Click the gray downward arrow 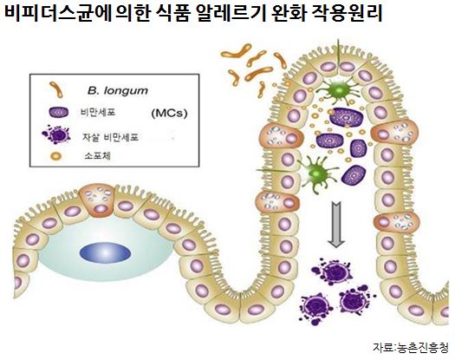coord(336,225)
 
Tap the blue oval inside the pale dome coord(105,252)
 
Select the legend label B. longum coord(118,91)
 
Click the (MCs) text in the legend coord(170,113)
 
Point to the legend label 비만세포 coord(98,112)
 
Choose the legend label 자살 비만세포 coord(111,137)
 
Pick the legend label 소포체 coord(97,156)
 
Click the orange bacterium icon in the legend coord(56,89)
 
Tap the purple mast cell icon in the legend coord(59,113)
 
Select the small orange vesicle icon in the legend coord(56,156)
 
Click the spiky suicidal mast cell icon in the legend coord(56,134)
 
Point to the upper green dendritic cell coord(339,91)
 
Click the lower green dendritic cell coord(317,174)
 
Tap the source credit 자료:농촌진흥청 coord(411,348)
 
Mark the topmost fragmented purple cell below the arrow coord(333,272)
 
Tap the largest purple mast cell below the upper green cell coord(347,117)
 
